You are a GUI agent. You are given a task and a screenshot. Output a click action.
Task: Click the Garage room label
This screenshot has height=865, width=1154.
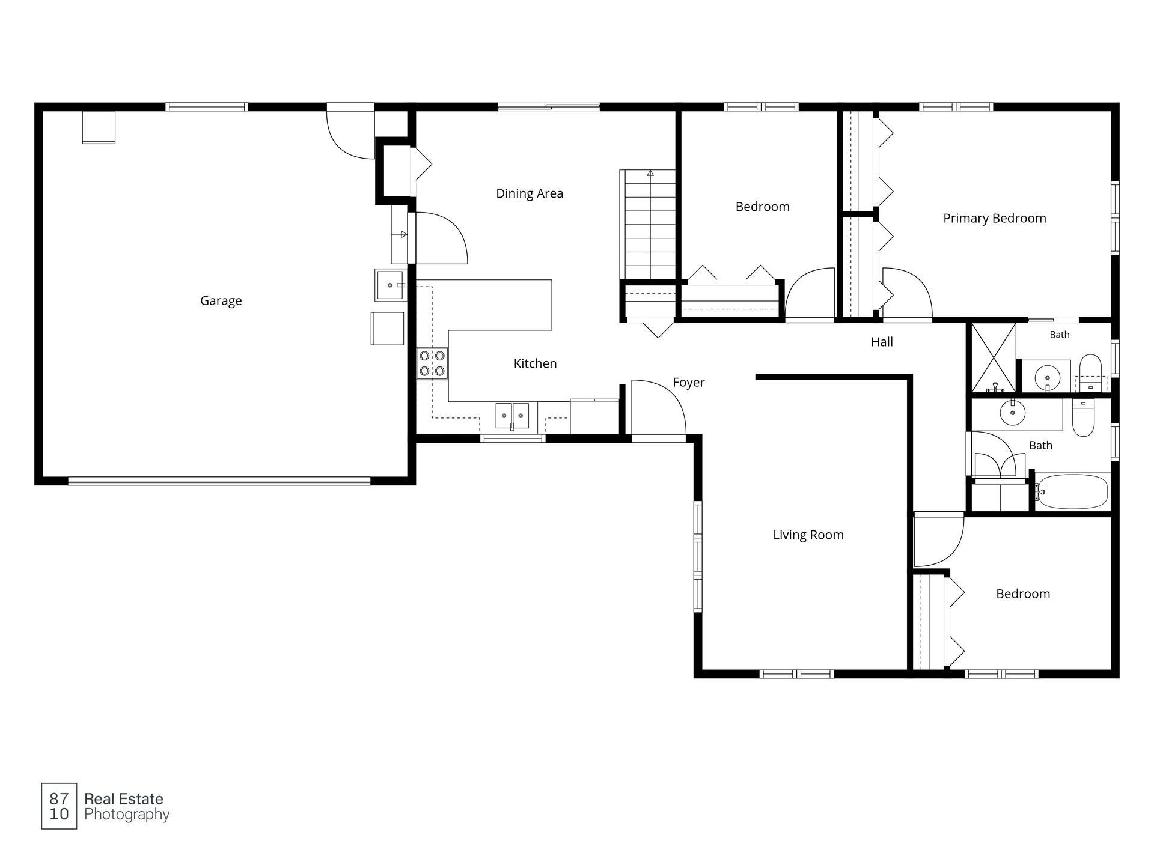pos(221,301)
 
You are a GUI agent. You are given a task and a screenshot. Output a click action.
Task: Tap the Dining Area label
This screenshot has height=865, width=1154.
pos(530,193)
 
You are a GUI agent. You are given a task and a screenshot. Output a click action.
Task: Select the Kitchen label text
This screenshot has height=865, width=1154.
pos(535,363)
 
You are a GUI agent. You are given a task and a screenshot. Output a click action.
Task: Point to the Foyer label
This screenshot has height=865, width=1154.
pos(688,383)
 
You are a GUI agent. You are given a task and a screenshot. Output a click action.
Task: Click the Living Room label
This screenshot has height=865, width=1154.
pos(808,535)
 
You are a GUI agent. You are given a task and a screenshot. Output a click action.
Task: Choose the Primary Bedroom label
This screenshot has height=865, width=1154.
pos(994,219)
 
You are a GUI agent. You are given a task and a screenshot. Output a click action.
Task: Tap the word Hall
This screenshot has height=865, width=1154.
pos(882,342)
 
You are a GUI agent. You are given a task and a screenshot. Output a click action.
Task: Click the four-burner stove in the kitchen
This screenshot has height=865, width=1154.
pos(433,363)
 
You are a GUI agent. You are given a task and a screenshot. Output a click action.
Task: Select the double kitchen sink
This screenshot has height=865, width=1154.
pos(512,416)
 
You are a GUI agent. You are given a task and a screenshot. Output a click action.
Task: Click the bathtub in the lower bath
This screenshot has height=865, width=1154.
pos(1072,491)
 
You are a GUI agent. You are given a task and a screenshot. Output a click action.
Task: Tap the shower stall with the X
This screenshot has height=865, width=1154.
pos(994,358)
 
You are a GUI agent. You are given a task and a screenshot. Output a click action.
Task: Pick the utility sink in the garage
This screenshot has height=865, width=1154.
pos(391,285)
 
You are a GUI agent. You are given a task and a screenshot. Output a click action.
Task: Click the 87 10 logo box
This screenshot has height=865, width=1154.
pos(59,806)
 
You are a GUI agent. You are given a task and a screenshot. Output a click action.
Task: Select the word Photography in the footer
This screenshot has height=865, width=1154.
pos(127,815)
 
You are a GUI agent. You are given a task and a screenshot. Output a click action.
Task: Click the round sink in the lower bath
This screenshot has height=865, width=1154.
pos(1013,413)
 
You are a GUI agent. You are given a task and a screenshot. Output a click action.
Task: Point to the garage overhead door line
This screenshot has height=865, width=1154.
pos(219,481)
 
